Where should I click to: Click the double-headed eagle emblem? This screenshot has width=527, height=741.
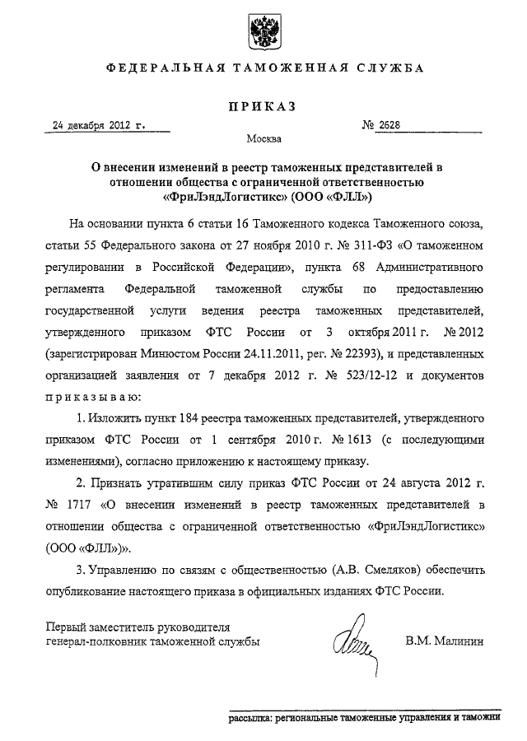coord(264,31)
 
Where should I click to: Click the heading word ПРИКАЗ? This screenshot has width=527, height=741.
coord(264,105)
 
